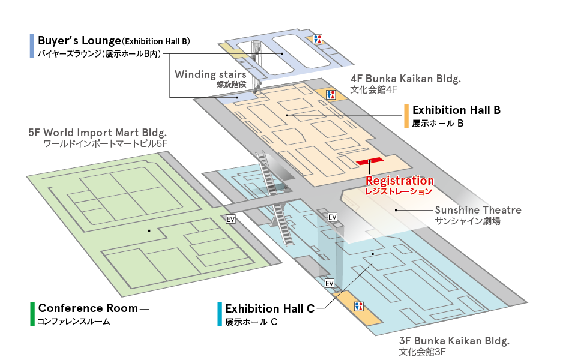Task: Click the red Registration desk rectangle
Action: pos(369,161)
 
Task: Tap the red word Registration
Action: pos(400,181)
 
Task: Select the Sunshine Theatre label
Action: pos(478,210)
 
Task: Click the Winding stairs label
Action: pos(210,75)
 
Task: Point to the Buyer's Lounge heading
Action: pos(79,41)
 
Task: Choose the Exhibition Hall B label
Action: pos(456,110)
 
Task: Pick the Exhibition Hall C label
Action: pos(270,309)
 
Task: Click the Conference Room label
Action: pos(88,308)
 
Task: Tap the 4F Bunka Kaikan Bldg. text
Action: pos(405,79)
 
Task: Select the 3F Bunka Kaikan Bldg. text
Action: pos(454,341)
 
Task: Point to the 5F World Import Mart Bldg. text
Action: pos(98,132)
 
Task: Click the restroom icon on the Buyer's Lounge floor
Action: pos(318,39)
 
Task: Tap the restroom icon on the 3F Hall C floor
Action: pos(360,306)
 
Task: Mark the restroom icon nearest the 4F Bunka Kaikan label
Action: pos(330,94)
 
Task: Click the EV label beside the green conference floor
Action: pos(231,219)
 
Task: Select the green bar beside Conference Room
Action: pos(32,314)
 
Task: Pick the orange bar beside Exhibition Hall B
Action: pos(406,115)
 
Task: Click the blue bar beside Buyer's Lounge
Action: pos(31,46)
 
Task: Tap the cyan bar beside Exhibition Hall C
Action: pos(220,314)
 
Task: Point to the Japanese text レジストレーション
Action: pos(399,191)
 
